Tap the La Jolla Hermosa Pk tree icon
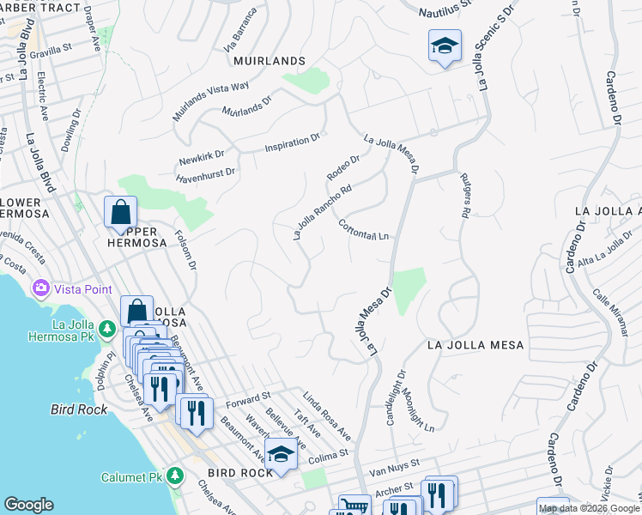(x=107, y=329)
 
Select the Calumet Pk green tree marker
(x=175, y=475)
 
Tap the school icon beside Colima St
(x=280, y=454)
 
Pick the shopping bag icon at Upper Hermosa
(x=121, y=213)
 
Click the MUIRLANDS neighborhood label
(x=269, y=61)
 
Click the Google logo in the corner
(x=29, y=505)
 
